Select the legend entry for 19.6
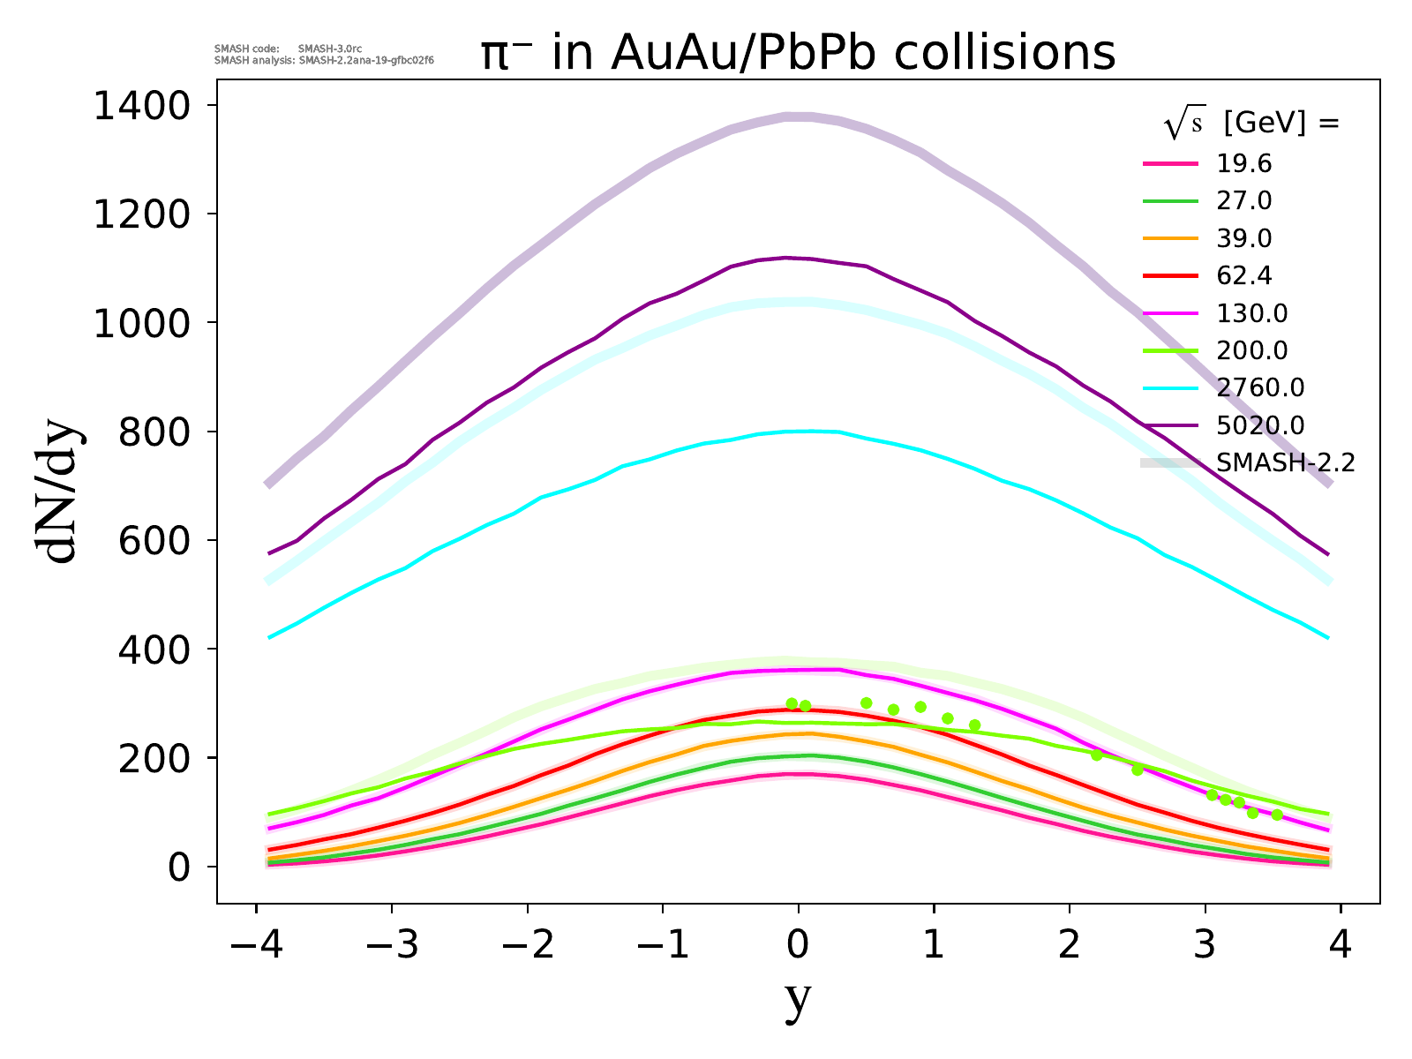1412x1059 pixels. pos(1244,163)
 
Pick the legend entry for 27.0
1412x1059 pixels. pos(1244,201)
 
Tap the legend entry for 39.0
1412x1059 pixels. pos(1244,238)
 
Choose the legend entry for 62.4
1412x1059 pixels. pos(1244,275)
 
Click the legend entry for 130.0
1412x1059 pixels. pos(1252,313)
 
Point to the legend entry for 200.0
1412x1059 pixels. pos(1252,350)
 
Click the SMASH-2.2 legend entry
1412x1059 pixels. pos(1285,462)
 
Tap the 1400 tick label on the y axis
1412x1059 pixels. pos(140,106)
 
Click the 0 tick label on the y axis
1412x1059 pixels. pos(179,867)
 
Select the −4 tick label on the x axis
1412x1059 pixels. pos(256,946)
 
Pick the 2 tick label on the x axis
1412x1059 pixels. pos(1070,946)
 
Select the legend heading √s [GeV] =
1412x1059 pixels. pos(1251,124)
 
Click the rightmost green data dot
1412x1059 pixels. pos(1277,815)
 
